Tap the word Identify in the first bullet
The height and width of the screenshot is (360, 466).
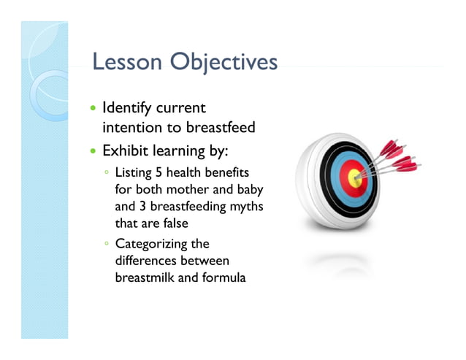point(123,110)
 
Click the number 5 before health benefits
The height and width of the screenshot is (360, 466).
point(159,173)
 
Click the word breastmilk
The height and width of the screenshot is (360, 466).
point(145,277)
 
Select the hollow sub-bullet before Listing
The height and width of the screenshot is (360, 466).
point(107,174)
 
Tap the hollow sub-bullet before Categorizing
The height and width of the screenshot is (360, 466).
point(107,245)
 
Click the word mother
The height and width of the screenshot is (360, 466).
point(188,190)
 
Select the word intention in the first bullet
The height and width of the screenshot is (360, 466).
point(129,128)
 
